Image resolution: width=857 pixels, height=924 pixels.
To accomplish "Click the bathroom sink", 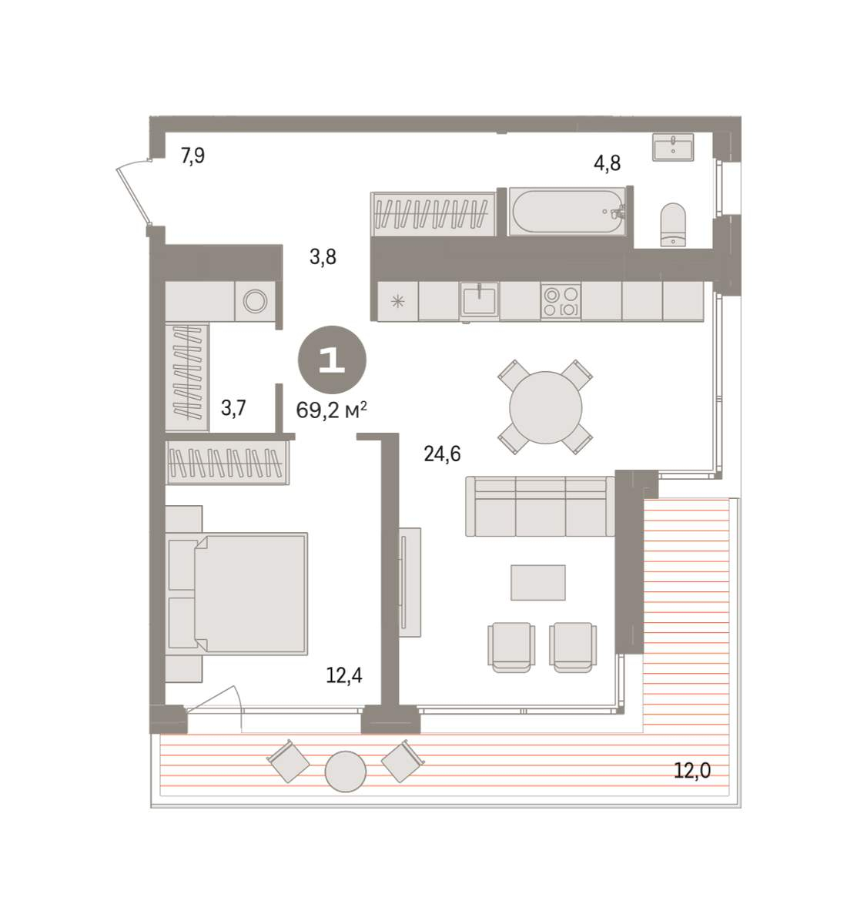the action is coord(673,147).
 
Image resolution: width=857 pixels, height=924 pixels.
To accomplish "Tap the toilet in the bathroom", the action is coord(673,224).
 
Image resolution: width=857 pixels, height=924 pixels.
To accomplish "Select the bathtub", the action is coord(567,211).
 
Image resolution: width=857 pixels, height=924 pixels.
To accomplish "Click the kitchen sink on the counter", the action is coord(479,300).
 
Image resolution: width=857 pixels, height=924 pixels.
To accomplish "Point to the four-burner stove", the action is coord(561,301).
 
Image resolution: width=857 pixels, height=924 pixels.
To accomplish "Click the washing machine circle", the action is coord(255,301).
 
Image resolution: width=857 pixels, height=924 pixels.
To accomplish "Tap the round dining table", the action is coord(545,407).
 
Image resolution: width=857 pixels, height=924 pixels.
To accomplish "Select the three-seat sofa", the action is coord(541,506).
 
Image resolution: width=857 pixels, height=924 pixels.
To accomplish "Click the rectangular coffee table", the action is coord(537,582).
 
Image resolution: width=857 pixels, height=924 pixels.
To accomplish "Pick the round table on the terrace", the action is coord(345,772).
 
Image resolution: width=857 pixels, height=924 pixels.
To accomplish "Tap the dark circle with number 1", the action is coord(332,360).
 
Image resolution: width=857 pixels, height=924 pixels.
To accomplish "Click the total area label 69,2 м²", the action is coord(331,410).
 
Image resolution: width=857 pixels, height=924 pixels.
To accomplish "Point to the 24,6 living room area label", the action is coord(442,454).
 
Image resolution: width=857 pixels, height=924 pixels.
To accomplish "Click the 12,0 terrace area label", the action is coord(692,771).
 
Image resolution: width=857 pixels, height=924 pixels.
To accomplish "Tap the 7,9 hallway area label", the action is coord(192,156).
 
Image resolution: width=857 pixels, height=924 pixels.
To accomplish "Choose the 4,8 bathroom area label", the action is coord(608,163).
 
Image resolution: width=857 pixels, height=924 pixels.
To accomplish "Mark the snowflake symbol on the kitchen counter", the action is coord(397,302).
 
